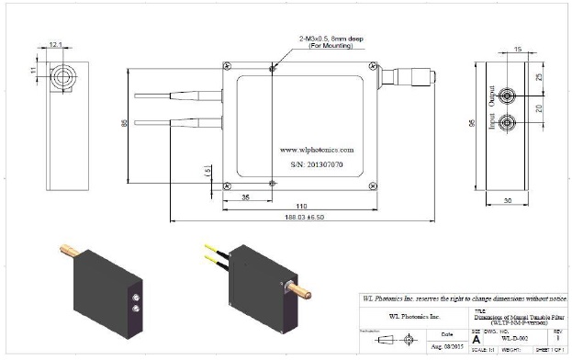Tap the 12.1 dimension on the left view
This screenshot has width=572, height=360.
(57, 43)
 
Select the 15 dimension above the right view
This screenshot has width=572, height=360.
(518, 49)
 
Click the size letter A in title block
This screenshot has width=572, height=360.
(476, 339)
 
